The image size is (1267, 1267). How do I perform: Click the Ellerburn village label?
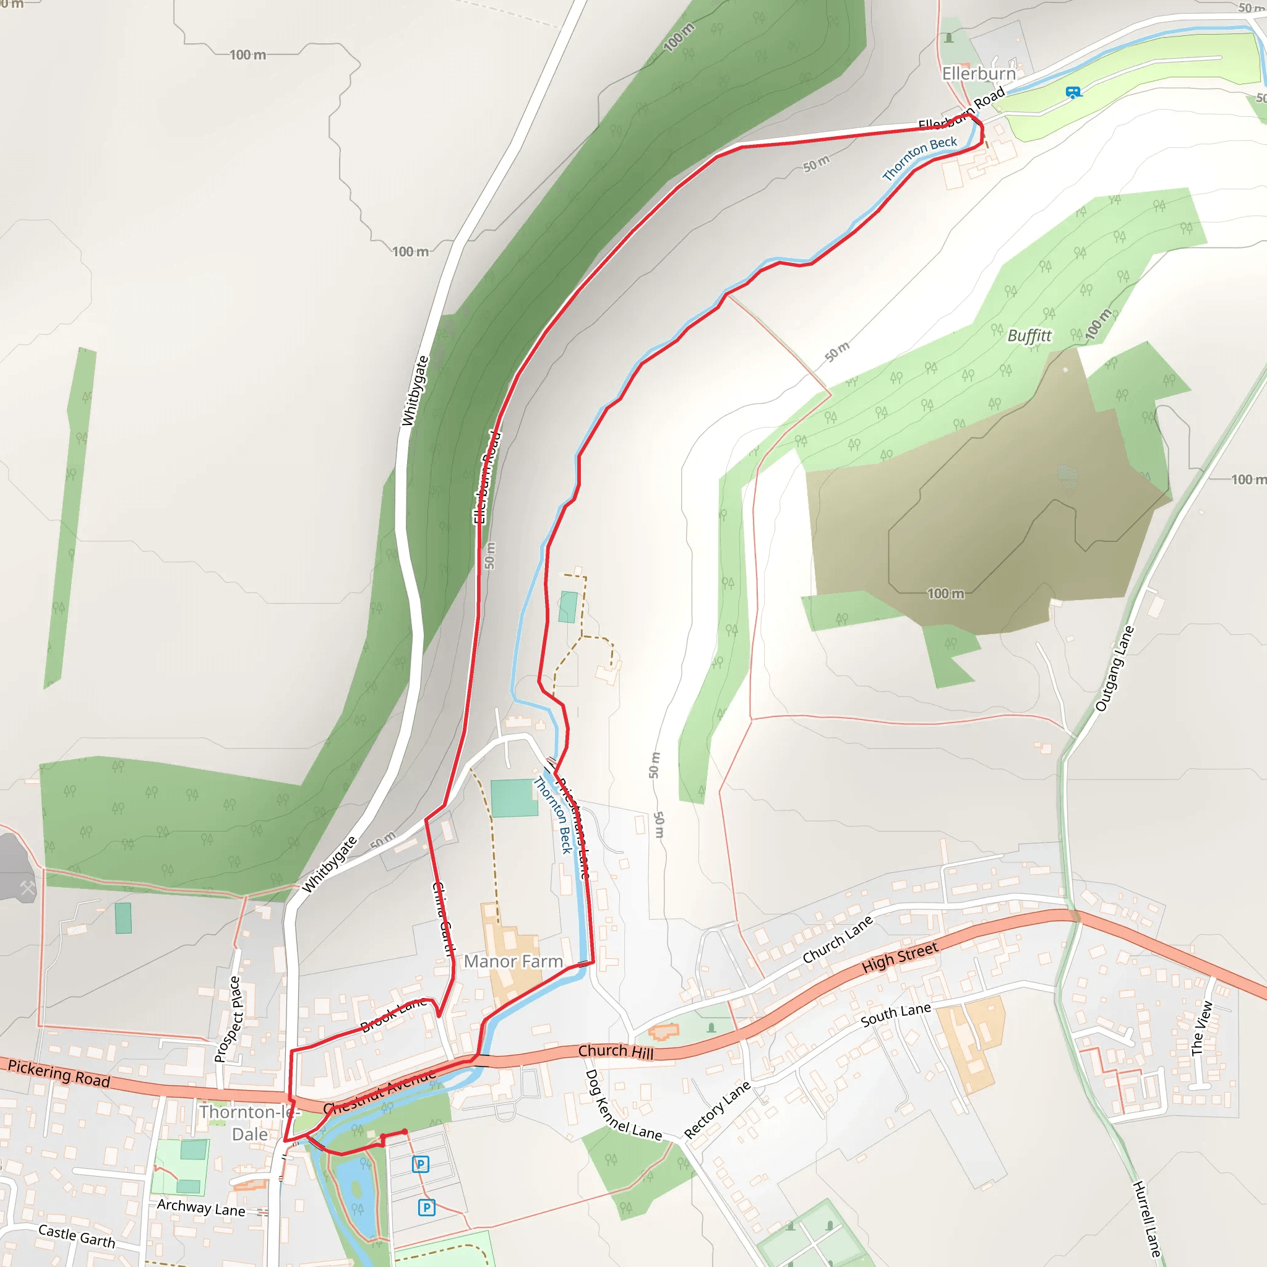tap(979, 74)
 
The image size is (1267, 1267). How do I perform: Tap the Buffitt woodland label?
tap(1029, 336)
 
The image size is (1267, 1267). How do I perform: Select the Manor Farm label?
tap(513, 961)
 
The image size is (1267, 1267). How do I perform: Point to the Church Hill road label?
tap(616, 1051)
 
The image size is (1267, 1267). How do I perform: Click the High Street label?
tap(900, 958)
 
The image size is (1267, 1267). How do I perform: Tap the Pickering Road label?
tap(59, 1073)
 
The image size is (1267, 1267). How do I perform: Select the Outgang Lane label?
tap(1114, 668)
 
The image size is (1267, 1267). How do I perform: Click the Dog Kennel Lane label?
tap(622, 1105)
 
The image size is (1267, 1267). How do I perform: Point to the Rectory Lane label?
tap(717, 1110)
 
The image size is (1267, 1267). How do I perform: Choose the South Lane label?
tap(895, 1015)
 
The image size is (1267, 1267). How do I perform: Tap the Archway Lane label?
tap(200, 1208)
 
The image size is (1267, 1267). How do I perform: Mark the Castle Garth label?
tap(77, 1235)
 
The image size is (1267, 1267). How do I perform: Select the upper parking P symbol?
tap(420, 1164)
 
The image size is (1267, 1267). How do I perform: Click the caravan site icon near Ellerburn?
tap(1073, 92)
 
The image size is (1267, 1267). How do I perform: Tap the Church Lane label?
tap(838, 939)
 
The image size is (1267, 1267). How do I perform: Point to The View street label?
tap(1202, 1028)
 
